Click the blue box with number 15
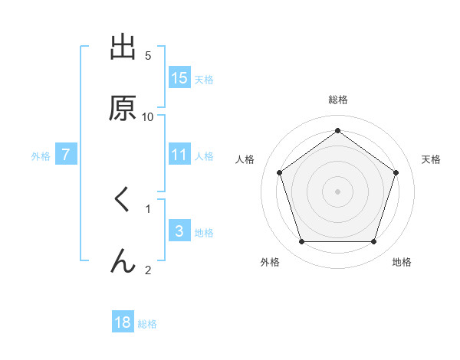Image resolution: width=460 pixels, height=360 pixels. [x=179, y=78]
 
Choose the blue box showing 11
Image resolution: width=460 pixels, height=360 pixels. [x=179, y=155]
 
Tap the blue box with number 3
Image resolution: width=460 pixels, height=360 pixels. [x=179, y=231]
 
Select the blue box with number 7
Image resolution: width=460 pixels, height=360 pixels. [x=66, y=155]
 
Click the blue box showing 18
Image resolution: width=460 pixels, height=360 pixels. [x=123, y=322]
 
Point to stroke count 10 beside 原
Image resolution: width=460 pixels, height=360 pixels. [x=148, y=116]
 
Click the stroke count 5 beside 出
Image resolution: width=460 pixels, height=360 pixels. [x=148, y=55]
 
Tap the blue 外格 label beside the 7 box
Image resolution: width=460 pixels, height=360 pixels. [x=41, y=155]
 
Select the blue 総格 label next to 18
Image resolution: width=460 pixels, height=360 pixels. [x=147, y=323]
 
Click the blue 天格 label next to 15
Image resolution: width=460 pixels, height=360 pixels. [x=204, y=79]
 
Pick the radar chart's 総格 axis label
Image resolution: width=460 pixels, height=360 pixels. [x=338, y=100]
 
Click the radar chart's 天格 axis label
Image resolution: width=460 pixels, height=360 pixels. [x=431, y=159]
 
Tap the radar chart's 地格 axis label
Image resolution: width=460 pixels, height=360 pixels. [x=402, y=262]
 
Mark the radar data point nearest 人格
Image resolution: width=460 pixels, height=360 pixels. [x=279, y=172]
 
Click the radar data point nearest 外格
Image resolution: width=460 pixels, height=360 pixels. [x=301, y=242]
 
